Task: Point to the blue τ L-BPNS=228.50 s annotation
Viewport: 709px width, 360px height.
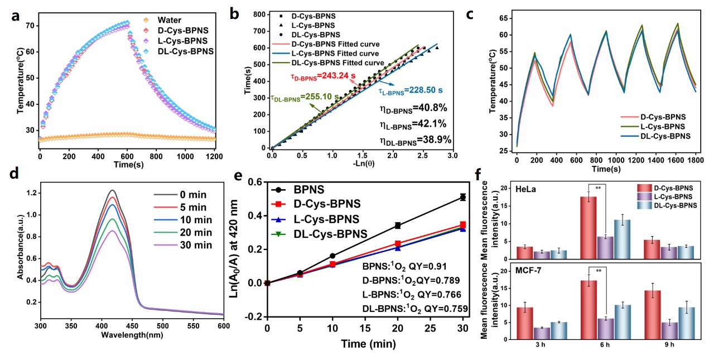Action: click(x=403, y=90)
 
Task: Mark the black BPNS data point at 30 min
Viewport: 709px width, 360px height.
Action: click(x=462, y=196)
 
